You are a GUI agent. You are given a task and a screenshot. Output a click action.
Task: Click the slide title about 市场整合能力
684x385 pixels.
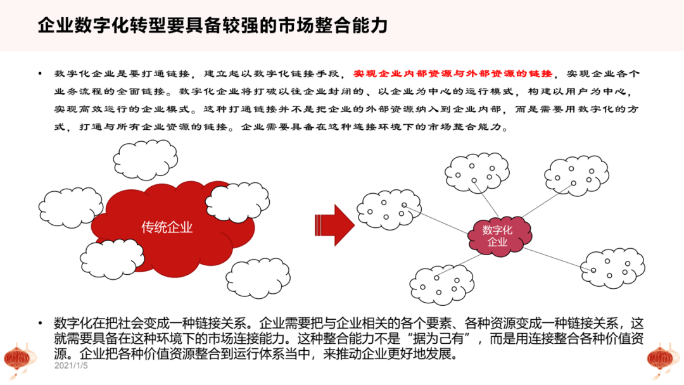pos(213,26)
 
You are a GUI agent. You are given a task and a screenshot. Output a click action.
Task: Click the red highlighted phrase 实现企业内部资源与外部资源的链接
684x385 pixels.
pos(452,73)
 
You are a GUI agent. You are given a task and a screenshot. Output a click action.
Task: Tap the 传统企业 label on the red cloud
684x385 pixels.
pos(167,227)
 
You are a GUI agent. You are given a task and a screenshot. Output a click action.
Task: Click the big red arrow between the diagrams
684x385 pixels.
pos(334,225)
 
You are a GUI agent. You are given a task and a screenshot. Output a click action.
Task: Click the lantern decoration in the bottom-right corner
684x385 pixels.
pos(665,358)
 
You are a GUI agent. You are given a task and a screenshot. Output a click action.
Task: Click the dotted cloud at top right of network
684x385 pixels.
pos(576,175)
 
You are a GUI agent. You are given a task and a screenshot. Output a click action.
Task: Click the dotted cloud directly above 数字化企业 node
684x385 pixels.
pos(477,172)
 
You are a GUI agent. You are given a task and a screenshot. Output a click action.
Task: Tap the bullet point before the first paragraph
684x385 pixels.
pos(41,74)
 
